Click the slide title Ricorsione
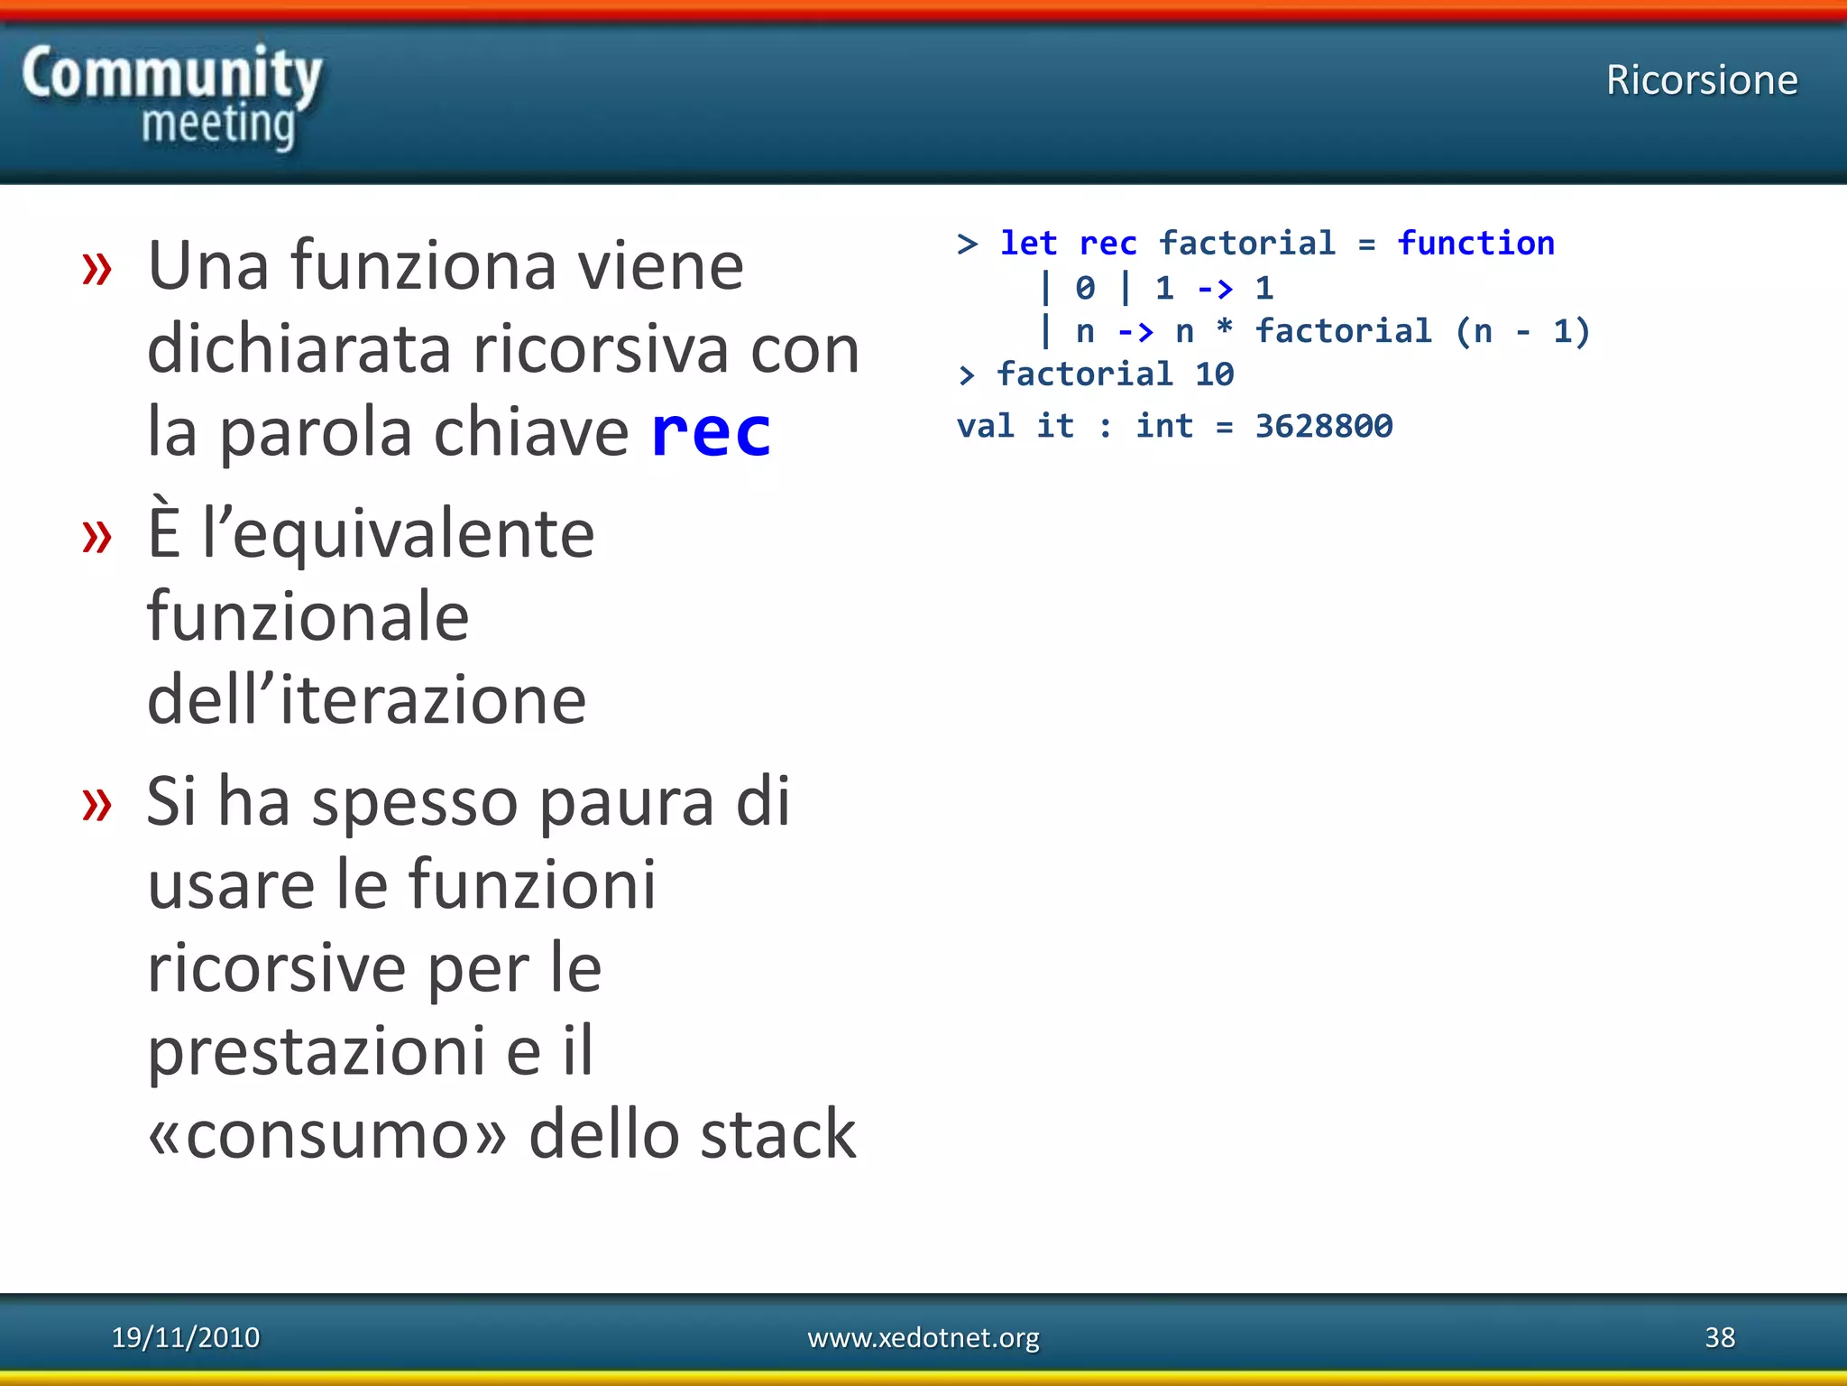coord(1701,80)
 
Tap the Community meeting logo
coord(171,97)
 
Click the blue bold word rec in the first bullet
coord(711,432)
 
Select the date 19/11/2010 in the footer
coord(185,1336)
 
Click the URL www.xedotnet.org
coord(923,1336)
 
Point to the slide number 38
coord(1719,1336)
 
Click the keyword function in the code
coord(1475,244)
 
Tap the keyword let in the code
coord(1028,244)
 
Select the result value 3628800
coord(1323,426)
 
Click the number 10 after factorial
coord(1214,374)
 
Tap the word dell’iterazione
coord(366,699)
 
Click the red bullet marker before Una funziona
coord(96,268)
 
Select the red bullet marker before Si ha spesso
coord(96,802)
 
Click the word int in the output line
coord(1163,426)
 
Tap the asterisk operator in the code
coord(1224,329)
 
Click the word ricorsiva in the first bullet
coord(599,349)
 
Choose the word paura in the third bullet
coord(626,802)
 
